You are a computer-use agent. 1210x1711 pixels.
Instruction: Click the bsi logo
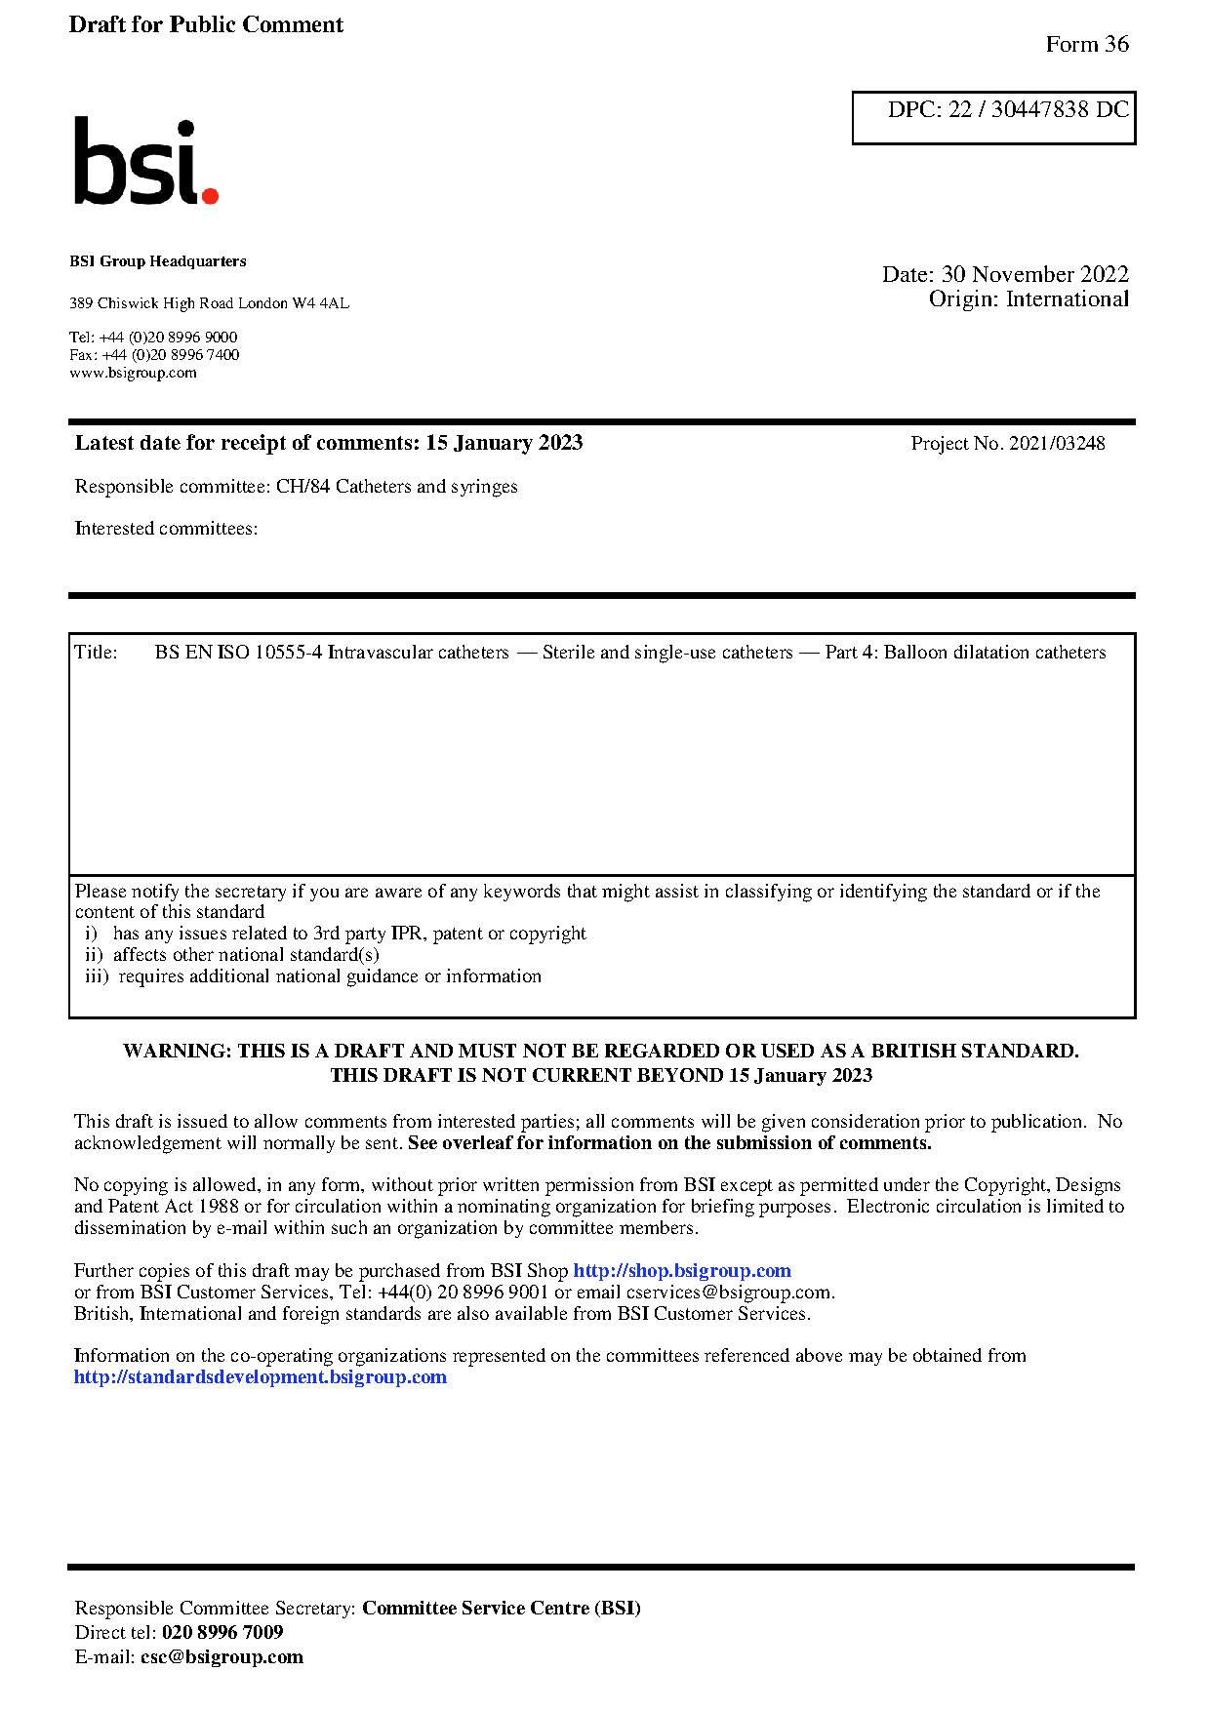(x=145, y=162)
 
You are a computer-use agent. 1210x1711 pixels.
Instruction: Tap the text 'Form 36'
(x=1086, y=44)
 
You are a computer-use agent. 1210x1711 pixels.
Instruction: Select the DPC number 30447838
(x=1039, y=109)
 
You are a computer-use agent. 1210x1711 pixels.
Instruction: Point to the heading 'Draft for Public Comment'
(x=206, y=24)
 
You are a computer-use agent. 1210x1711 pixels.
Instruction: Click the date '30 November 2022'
(x=1034, y=274)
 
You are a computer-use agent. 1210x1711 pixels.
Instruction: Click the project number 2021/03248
(x=1057, y=444)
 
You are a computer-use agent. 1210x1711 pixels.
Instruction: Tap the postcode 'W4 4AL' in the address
(x=320, y=303)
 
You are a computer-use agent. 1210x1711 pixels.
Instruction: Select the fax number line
(x=154, y=355)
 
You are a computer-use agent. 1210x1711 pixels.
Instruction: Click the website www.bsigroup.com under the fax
(x=133, y=373)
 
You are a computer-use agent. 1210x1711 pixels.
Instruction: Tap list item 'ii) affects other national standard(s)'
(x=232, y=955)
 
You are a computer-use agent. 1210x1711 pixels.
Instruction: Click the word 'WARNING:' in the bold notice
(x=178, y=1052)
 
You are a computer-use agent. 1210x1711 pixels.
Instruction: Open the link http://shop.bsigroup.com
(x=681, y=1271)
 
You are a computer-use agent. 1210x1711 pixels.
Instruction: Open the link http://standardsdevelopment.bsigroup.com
(x=261, y=1377)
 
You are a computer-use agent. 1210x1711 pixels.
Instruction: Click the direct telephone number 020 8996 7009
(x=222, y=1633)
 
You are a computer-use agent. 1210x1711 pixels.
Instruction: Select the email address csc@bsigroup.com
(x=222, y=1657)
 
